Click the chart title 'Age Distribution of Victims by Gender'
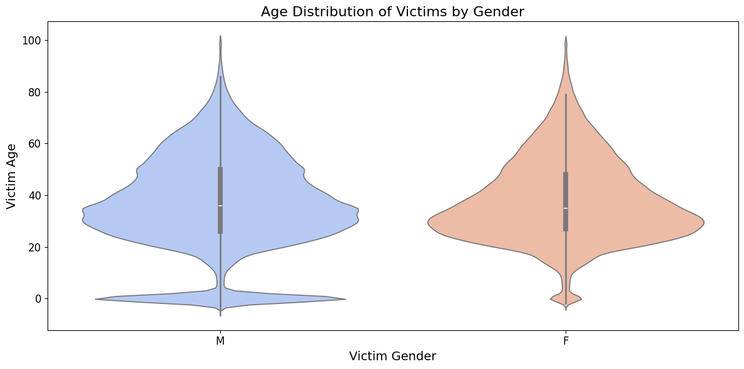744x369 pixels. click(392, 11)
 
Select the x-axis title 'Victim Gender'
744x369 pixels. click(392, 356)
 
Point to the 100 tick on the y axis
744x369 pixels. click(32, 41)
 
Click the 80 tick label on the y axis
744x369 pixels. click(34, 93)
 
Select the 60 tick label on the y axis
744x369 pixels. click(34, 144)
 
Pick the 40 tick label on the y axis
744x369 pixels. click(34, 196)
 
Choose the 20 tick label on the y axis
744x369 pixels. click(34, 247)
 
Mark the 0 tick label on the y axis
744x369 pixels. click(38, 299)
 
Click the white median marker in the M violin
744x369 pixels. click(220, 206)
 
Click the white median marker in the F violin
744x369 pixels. click(566, 208)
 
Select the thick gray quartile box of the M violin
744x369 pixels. click(220, 188)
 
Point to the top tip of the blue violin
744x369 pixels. click(220, 36)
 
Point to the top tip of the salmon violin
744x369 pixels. click(566, 37)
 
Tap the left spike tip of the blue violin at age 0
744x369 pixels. click(96, 299)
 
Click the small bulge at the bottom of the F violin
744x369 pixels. click(566, 299)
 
